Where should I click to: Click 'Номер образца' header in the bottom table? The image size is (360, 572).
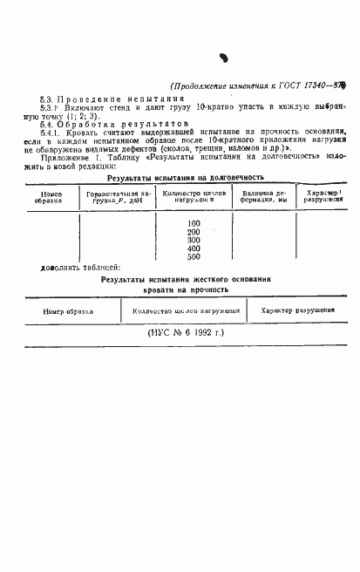pos(67,310)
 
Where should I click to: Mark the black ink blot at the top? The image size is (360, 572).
pos(224,58)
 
